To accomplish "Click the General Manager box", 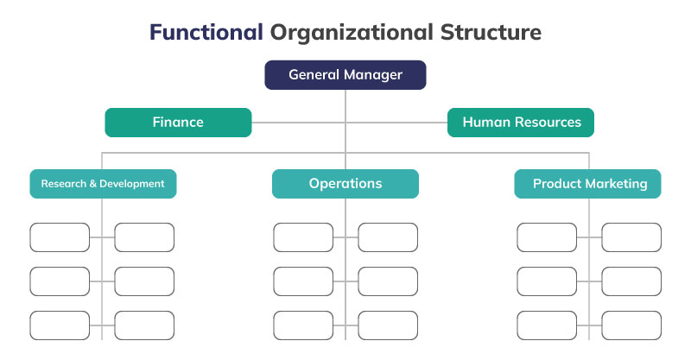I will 345,75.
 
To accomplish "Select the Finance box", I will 178,123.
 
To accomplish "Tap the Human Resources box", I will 521,123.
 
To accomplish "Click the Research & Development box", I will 103,184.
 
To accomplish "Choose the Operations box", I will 345,184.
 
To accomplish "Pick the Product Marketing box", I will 589,184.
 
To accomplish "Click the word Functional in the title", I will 206,33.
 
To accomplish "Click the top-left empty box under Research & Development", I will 60,237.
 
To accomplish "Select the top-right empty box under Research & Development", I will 144,237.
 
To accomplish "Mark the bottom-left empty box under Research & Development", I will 60,325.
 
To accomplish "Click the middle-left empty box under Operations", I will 303,281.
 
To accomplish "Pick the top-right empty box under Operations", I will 388,237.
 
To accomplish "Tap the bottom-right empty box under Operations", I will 388,325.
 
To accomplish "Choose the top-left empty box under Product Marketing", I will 547,237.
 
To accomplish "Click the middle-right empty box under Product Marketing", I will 631,281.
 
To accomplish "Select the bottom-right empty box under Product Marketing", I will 631,325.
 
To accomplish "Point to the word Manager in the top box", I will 373,75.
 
